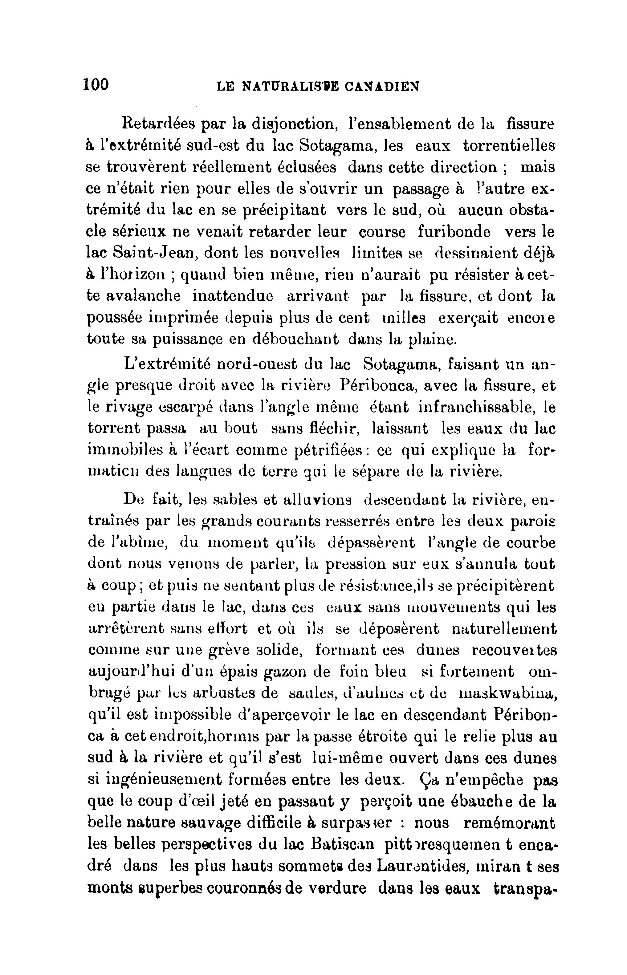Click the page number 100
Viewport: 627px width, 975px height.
click(x=96, y=85)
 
